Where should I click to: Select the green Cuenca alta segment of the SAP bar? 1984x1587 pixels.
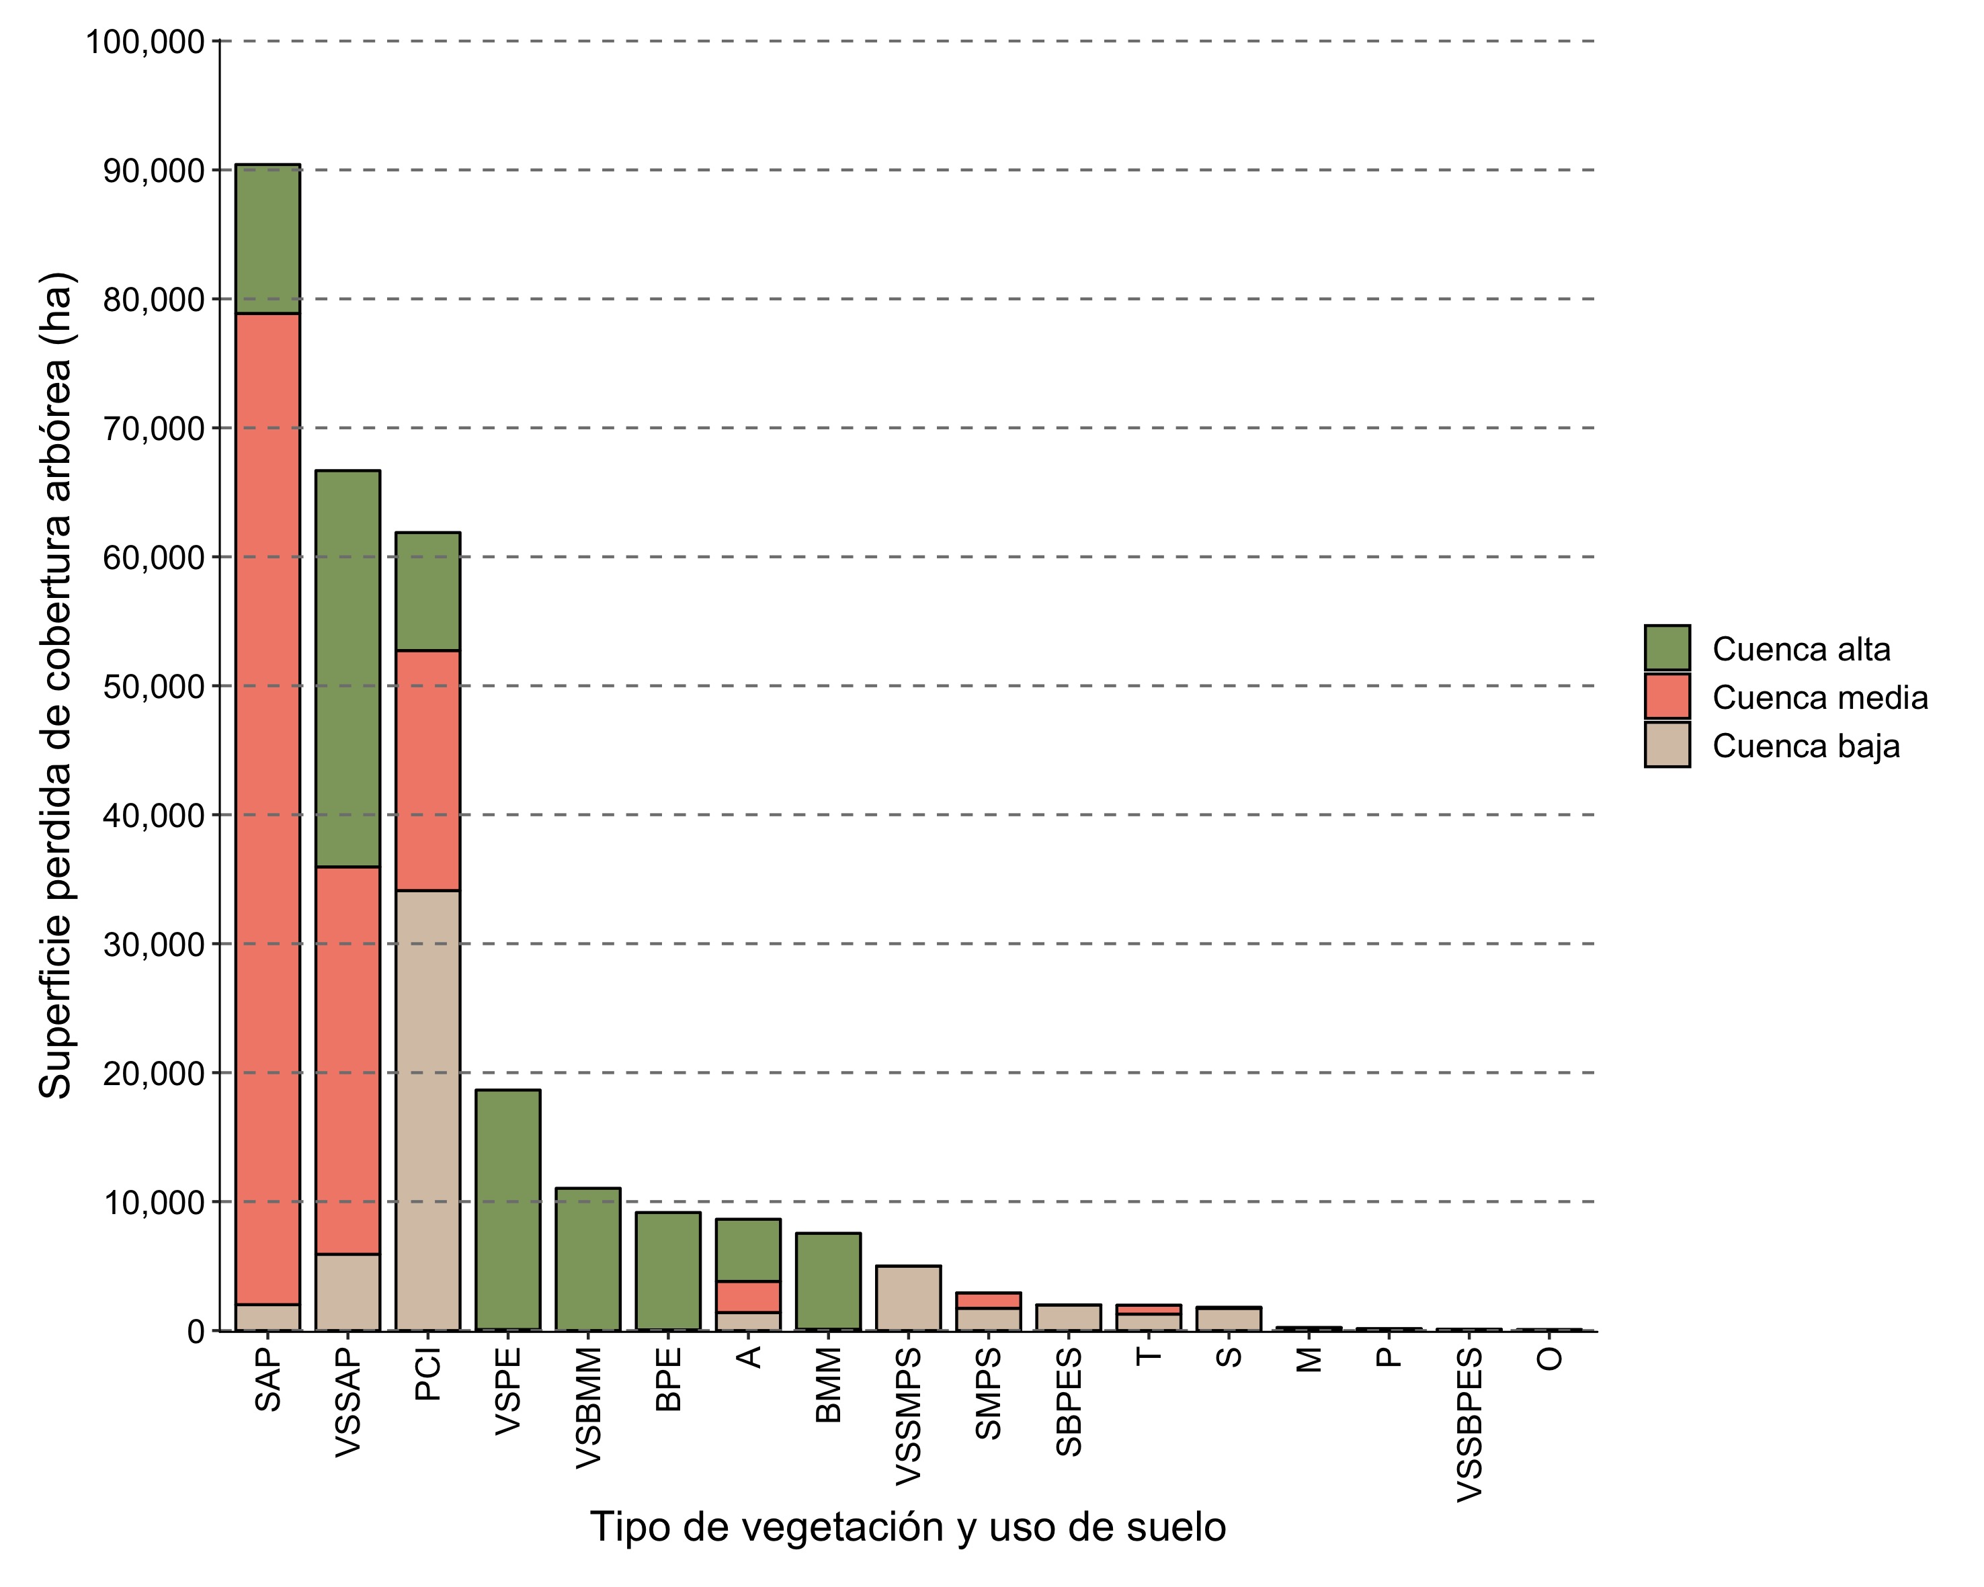(x=267, y=239)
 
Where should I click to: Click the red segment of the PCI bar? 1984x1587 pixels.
(x=428, y=770)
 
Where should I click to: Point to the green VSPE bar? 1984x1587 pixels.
(x=508, y=1210)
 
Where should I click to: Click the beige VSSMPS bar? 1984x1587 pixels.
(x=908, y=1298)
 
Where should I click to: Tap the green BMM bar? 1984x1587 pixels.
(x=828, y=1281)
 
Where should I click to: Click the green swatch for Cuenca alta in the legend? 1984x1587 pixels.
(x=1667, y=648)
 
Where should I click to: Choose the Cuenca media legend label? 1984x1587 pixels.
(x=1819, y=697)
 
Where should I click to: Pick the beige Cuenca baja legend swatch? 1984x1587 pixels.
(x=1667, y=744)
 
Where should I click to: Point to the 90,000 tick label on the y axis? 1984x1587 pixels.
(x=154, y=170)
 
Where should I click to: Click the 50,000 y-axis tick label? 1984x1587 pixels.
(x=154, y=686)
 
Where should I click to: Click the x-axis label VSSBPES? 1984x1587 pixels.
(x=1470, y=1424)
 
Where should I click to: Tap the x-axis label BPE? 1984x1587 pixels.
(x=668, y=1379)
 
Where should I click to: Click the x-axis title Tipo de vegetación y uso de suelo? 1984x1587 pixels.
(x=907, y=1527)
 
